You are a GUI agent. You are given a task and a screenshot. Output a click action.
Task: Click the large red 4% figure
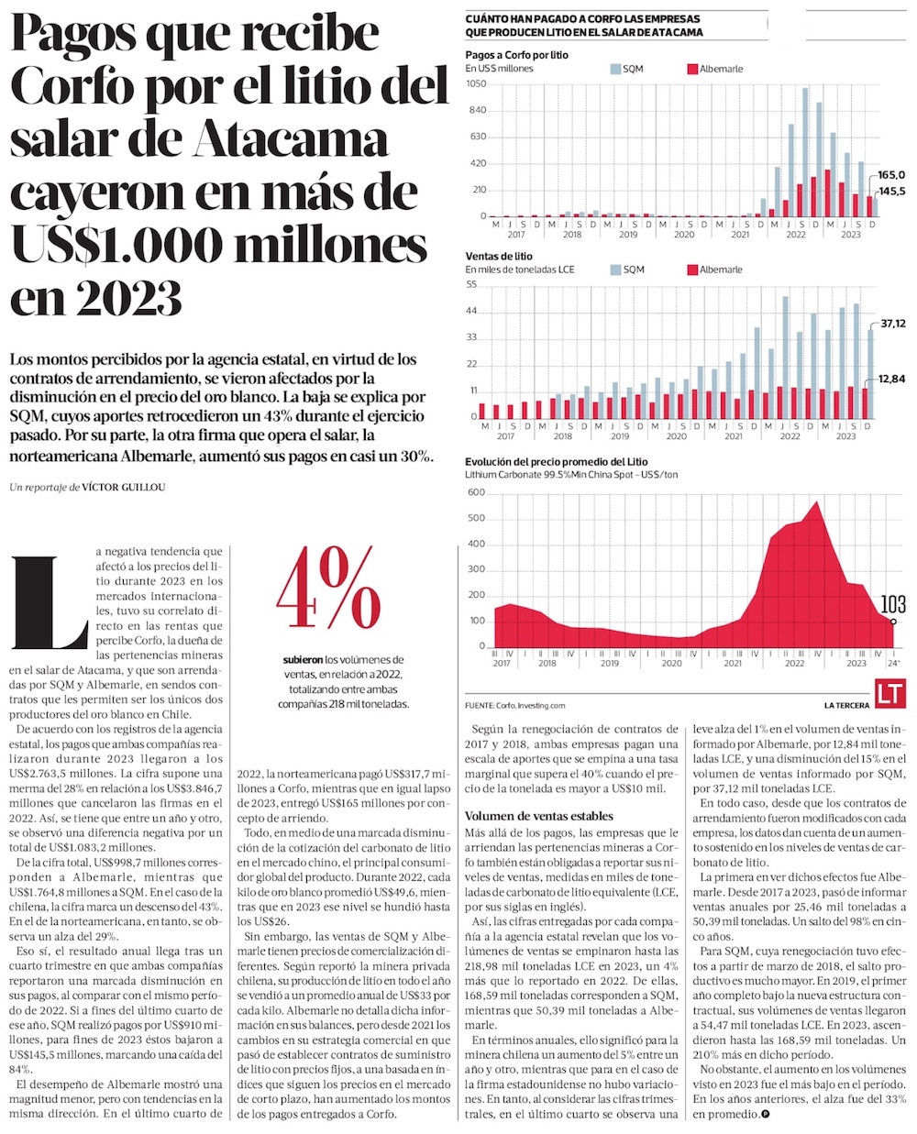click(x=328, y=591)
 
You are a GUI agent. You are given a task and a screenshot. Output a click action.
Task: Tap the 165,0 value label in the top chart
click(x=891, y=174)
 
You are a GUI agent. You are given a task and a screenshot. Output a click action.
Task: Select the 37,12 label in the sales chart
click(x=892, y=324)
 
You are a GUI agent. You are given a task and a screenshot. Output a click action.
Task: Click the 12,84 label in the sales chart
click(x=892, y=379)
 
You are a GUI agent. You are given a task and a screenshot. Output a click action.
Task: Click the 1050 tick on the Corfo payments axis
click(x=475, y=83)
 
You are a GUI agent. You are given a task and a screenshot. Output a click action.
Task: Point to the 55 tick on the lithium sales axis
click(x=472, y=284)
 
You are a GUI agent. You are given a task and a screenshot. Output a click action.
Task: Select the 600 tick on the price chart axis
click(x=475, y=492)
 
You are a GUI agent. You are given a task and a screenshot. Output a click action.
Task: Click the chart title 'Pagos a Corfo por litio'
click(x=516, y=55)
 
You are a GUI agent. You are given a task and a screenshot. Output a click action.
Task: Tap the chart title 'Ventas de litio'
click(x=498, y=256)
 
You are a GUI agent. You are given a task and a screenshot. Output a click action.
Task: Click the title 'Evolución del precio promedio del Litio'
click(x=556, y=462)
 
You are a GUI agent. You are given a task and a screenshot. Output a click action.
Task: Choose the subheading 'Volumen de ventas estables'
click(x=539, y=816)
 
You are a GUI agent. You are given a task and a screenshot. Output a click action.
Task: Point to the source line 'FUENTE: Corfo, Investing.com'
click(x=514, y=705)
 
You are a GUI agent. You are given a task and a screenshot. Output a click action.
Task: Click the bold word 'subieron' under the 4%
click(x=303, y=659)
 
